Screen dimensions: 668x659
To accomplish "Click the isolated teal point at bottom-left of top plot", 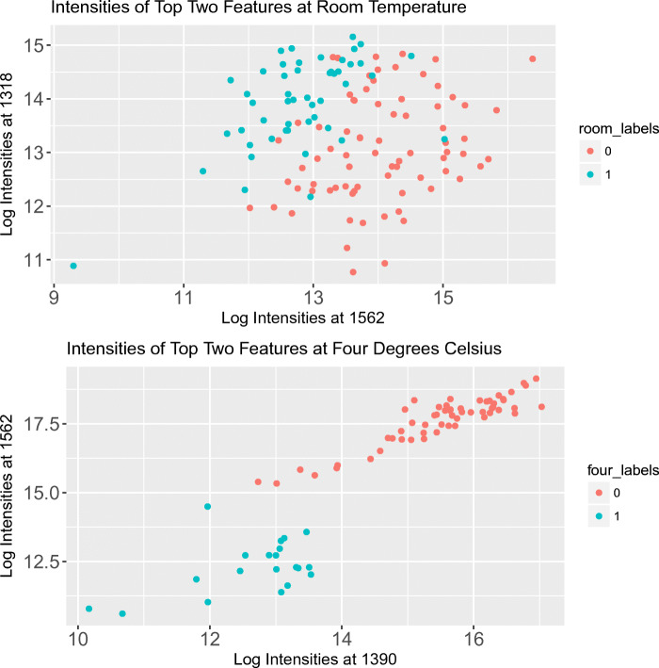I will pyautogui.click(x=73, y=266).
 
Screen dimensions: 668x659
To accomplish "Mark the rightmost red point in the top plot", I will pyautogui.click(x=533, y=58).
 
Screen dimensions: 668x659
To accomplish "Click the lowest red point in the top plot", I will pyautogui.click(x=353, y=272).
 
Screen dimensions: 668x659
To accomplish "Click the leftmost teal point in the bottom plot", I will pyautogui.click(x=88, y=609).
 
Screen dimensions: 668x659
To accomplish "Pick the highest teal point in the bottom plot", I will pyautogui.click(x=207, y=507).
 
